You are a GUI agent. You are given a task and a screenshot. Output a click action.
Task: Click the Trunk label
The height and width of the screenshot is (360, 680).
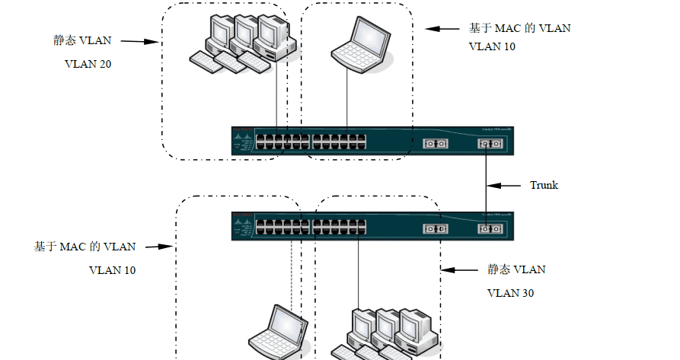coord(544,185)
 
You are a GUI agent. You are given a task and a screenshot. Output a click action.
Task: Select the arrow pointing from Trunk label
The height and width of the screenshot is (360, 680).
coord(505,185)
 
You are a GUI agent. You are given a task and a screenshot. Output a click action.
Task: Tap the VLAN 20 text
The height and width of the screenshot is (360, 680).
coord(88,64)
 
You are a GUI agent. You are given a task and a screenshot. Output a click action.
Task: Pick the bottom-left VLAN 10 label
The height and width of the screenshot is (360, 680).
coord(113,270)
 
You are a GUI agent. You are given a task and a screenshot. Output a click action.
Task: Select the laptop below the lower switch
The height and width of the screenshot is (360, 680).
coord(279,333)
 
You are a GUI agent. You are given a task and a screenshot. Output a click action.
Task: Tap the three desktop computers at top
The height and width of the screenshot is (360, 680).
coord(241,43)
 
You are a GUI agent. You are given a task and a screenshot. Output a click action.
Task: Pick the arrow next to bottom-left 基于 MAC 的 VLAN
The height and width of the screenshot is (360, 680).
coord(158,247)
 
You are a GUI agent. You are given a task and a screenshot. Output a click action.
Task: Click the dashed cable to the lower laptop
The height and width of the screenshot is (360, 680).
coord(291,270)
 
